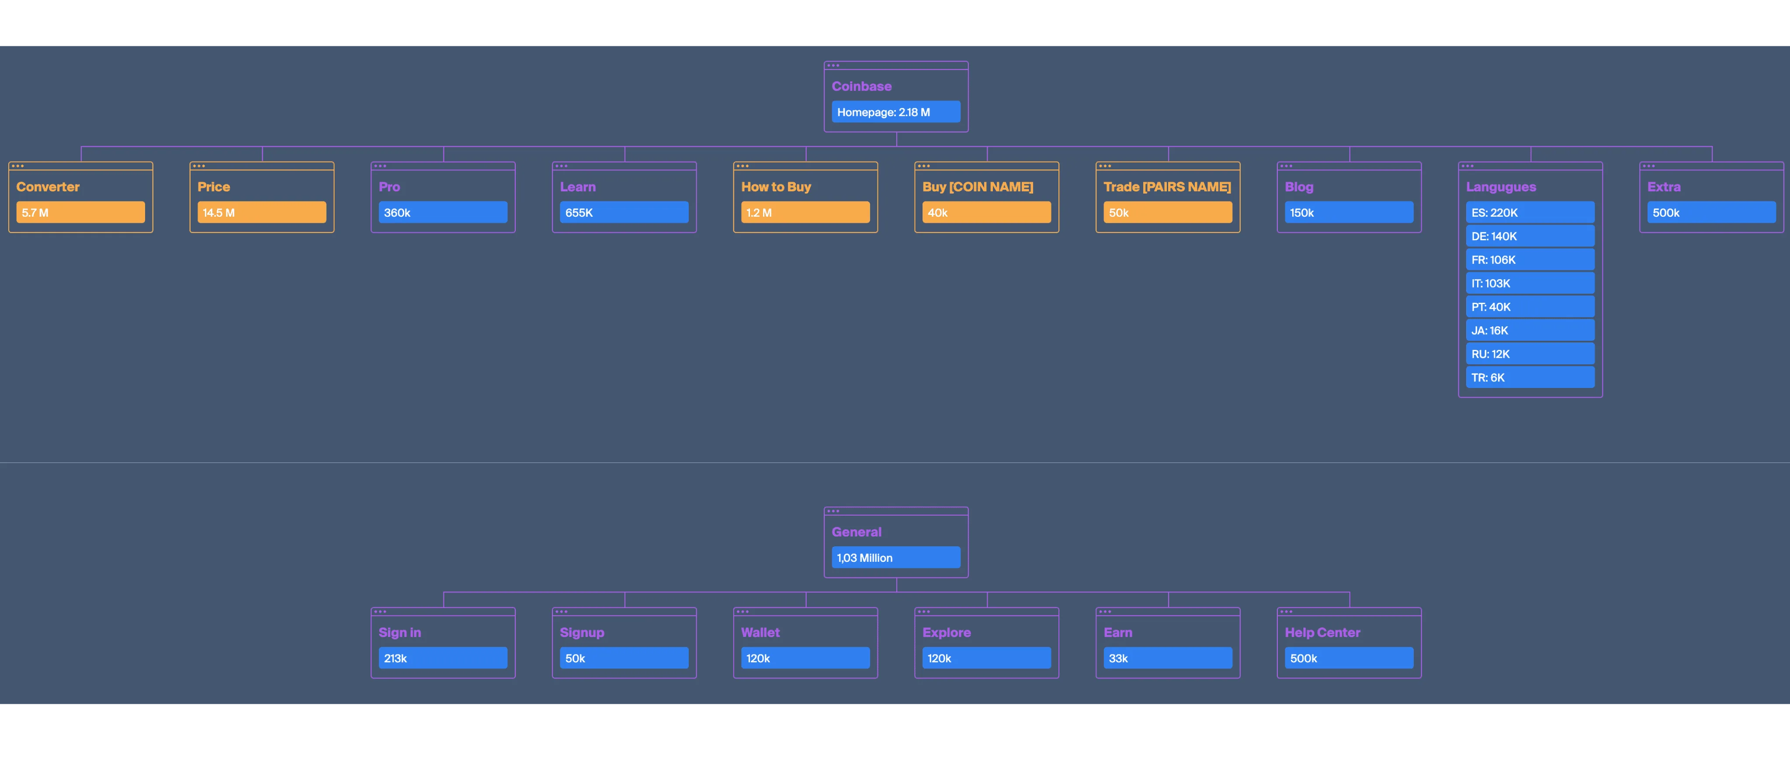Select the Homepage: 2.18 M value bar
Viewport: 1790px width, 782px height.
(x=896, y=112)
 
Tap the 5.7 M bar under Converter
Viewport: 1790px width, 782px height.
(x=80, y=212)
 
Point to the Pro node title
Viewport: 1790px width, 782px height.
(x=389, y=187)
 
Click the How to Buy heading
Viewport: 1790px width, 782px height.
(x=776, y=187)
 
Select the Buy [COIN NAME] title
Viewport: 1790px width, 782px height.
(x=977, y=187)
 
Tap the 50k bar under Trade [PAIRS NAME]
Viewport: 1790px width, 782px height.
(x=1167, y=212)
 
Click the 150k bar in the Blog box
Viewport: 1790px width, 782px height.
(x=1348, y=212)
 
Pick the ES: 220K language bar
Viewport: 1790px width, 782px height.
(x=1530, y=212)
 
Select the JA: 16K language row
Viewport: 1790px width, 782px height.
(x=1530, y=331)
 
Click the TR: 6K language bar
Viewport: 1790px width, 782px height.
(x=1530, y=378)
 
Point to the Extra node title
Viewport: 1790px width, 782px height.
(x=1664, y=187)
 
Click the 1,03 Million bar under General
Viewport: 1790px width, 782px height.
(x=896, y=558)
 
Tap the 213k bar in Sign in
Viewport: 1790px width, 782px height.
(x=443, y=658)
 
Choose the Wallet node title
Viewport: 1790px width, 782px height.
(x=760, y=633)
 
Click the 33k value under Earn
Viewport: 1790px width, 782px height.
(x=1167, y=658)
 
